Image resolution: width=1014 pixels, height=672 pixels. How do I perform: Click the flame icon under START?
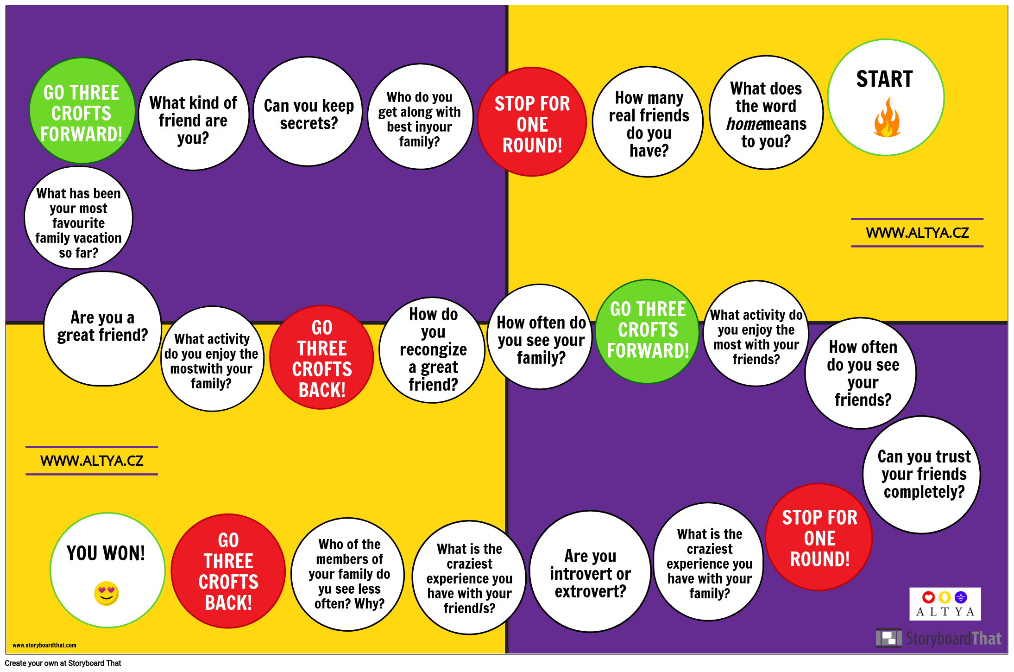tap(887, 118)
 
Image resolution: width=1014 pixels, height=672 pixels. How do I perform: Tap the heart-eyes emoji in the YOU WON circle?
tap(106, 593)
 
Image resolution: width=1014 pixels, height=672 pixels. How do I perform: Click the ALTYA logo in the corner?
tap(945, 604)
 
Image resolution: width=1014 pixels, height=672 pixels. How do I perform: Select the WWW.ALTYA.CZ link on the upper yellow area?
tap(917, 233)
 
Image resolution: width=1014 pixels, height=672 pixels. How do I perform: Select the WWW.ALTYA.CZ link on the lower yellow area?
tap(92, 461)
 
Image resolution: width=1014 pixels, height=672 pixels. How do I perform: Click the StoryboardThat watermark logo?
tap(938, 638)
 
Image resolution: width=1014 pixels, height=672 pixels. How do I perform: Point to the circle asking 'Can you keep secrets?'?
tap(308, 112)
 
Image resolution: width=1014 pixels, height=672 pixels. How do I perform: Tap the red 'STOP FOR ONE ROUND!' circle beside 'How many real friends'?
tap(532, 122)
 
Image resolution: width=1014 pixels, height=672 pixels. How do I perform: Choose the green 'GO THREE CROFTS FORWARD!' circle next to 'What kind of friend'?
tap(82, 111)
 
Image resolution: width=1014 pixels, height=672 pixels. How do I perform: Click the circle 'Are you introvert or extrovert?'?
tap(590, 571)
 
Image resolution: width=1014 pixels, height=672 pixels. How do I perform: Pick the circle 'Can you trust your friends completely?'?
tap(922, 475)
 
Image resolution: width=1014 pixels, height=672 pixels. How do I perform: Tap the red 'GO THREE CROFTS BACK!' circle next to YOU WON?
tap(228, 571)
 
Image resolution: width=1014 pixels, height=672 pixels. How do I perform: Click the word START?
tap(884, 79)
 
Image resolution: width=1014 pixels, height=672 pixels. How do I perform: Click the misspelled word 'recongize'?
tap(433, 349)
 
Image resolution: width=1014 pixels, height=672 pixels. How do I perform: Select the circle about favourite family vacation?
tap(79, 218)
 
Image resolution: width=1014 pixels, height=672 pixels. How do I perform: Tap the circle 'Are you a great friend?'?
tap(102, 329)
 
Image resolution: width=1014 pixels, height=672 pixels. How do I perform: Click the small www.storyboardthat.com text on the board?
tap(44, 645)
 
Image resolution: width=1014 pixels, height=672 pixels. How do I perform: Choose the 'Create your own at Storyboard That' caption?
tap(63, 663)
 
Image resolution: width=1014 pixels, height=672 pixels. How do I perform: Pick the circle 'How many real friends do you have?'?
tap(648, 122)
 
